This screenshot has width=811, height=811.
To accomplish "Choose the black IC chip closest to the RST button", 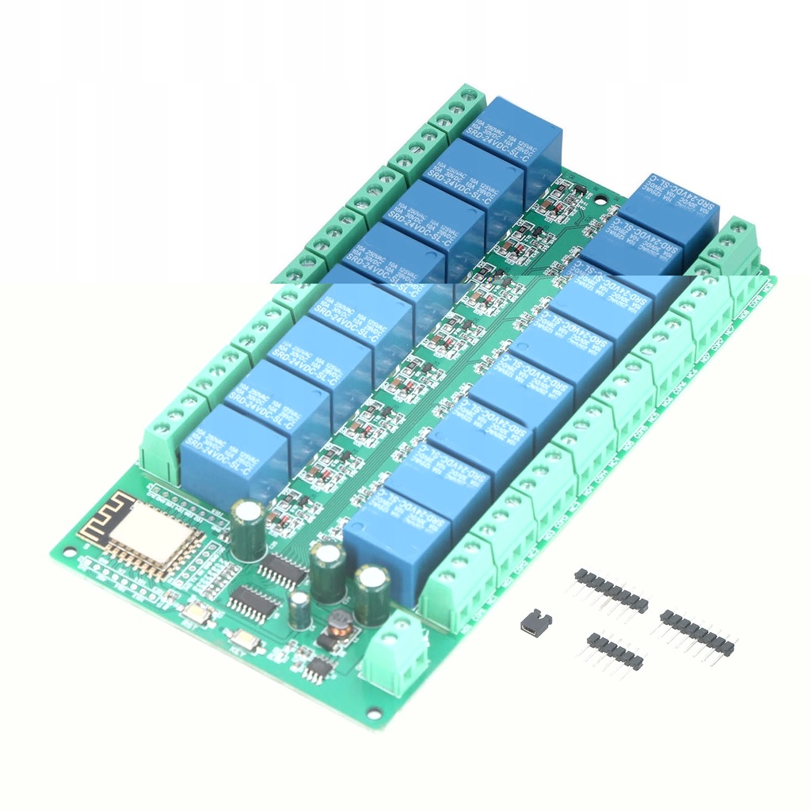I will tap(253, 604).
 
